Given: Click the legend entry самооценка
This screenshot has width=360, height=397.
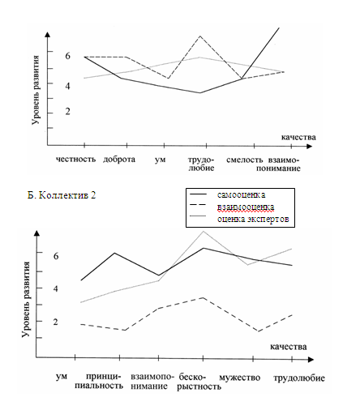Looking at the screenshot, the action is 241,194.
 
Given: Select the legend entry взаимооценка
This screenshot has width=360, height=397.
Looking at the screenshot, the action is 246,207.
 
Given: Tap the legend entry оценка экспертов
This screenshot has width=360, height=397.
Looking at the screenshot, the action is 253,219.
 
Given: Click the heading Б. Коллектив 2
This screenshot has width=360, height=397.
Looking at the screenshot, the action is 62,195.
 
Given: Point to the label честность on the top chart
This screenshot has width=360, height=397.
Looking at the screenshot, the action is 75,159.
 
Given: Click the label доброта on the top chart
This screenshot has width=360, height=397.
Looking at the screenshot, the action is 119,160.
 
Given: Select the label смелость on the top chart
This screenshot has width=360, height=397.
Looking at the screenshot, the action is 245,160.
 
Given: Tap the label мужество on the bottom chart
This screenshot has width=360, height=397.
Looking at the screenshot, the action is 239,378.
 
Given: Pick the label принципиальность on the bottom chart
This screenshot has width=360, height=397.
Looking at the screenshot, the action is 99,381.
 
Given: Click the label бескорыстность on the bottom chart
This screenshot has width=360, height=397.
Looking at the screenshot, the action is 199,382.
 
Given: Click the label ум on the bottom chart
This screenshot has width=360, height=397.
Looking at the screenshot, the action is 62,377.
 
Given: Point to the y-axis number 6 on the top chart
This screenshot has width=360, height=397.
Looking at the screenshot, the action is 67,56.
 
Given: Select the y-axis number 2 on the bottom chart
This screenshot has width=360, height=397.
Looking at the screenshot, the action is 55,322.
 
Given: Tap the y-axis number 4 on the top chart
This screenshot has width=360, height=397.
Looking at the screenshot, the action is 67,86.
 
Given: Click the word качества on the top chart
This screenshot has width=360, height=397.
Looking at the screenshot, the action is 298,137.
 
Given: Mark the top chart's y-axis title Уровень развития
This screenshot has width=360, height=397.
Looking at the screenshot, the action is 36,90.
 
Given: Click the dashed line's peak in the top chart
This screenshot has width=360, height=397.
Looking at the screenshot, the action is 200,36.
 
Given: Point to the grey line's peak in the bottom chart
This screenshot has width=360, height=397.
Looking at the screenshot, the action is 203,231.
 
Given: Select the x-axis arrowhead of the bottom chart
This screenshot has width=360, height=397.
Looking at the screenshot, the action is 311,360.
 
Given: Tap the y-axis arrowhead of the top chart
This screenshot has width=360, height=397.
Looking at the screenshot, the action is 48,34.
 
